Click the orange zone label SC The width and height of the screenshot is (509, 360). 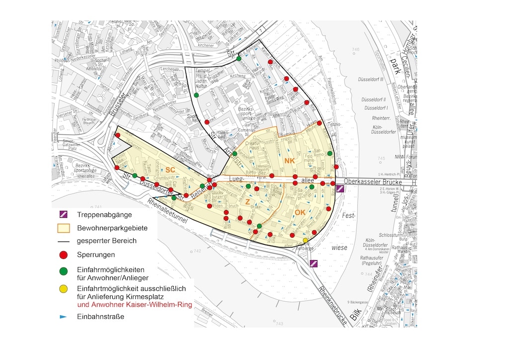(x=170, y=170)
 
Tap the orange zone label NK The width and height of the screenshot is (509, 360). (x=290, y=161)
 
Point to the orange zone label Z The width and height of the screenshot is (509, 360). (x=247, y=202)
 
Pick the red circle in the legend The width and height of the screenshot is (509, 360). (x=63, y=255)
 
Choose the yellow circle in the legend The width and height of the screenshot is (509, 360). (x=63, y=289)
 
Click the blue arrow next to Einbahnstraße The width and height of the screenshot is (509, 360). (x=63, y=317)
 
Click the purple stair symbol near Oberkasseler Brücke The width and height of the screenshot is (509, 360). (x=340, y=188)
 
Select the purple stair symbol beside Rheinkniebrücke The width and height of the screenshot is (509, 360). (x=314, y=263)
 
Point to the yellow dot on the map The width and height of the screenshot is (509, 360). (x=305, y=241)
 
